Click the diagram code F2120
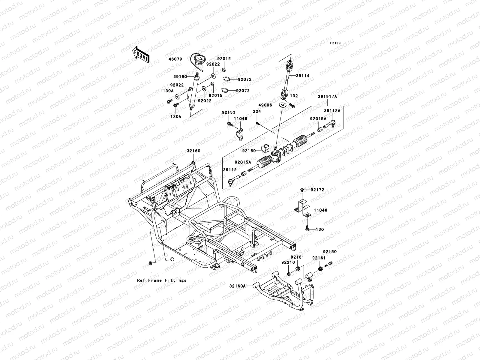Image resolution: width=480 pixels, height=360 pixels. click(335, 43)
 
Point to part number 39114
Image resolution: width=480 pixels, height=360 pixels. click(303, 76)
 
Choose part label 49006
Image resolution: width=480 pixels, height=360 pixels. click(265, 105)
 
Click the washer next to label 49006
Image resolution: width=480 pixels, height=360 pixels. click(282, 105)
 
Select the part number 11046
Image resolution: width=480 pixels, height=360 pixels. click(241, 119)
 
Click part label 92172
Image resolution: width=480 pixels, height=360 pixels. click(317, 190)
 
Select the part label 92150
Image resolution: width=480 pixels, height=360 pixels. click(330, 252)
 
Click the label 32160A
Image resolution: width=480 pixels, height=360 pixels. click(238, 286)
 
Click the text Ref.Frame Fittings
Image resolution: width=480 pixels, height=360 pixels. click(162, 280)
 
